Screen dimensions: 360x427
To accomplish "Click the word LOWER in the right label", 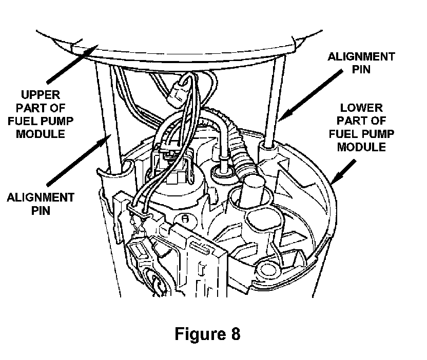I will [x=361, y=108].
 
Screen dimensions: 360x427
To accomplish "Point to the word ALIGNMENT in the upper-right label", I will [x=361, y=56].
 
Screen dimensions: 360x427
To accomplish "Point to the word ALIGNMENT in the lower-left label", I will [x=41, y=197].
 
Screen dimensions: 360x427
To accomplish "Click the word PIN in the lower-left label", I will [x=41, y=210].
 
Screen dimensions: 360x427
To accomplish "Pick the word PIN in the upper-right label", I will [x=361, y=69].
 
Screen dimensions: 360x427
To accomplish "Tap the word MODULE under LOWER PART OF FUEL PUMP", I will [x=361, y=147].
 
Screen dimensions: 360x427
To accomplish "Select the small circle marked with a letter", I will [x=186, y=217].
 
